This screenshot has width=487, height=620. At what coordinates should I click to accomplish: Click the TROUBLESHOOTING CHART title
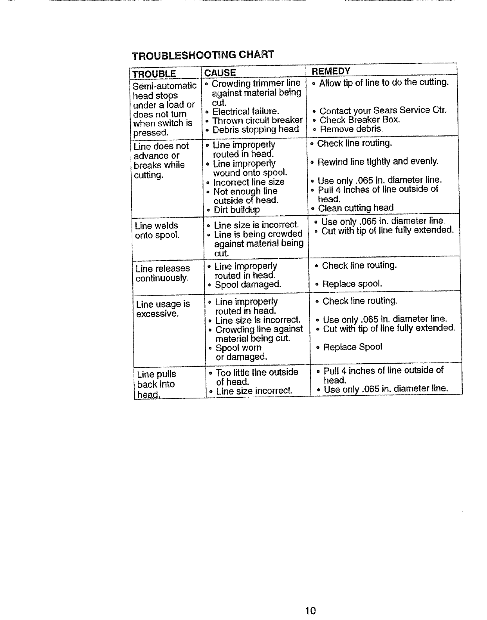(202, 55)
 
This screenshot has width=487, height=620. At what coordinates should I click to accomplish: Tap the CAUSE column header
(220, 73)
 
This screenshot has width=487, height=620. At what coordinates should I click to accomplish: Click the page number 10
(311, 610)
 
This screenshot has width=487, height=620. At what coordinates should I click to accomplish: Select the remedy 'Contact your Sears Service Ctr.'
(383, 110)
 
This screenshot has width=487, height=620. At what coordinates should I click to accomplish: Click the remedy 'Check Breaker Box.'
(360, 120)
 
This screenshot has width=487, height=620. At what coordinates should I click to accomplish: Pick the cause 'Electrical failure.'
(245, 111)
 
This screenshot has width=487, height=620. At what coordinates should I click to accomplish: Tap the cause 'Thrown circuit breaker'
(257, 120)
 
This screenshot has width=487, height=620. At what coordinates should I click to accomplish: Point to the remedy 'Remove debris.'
(351, 129)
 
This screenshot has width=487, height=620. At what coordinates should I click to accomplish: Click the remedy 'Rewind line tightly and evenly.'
(378, 162)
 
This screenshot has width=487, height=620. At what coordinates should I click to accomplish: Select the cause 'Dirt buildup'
(236, 210)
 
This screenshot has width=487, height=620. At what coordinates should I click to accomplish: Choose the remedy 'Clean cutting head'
(355, 208)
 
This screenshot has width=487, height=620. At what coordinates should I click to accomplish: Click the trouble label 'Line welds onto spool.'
(157, 231)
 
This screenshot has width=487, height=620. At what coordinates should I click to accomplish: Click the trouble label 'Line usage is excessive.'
(163, 309)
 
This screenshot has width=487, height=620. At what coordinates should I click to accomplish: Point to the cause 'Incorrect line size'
(249, 182)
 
